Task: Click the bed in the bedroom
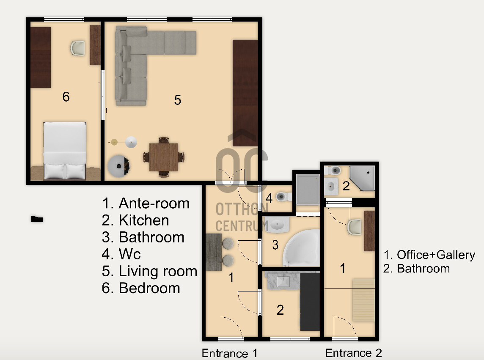tap(64, 151)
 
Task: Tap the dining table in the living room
tap(164, 157)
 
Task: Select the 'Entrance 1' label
tap(229, 353)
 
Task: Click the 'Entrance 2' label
tap(353, 352)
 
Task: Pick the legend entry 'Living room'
tap(149, 271)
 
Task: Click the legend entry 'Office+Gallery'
tap(429, 255)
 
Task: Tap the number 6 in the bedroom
tap(66, 97)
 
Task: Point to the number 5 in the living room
tap(178, 100)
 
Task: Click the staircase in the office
tap(363, 300)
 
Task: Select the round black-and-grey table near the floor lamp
tap(118, 166)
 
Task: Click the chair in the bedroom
tap(77, 48)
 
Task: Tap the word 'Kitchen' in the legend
tap(144, 220)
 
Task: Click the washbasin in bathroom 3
tap(277, 224)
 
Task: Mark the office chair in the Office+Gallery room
tap(355, 227)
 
